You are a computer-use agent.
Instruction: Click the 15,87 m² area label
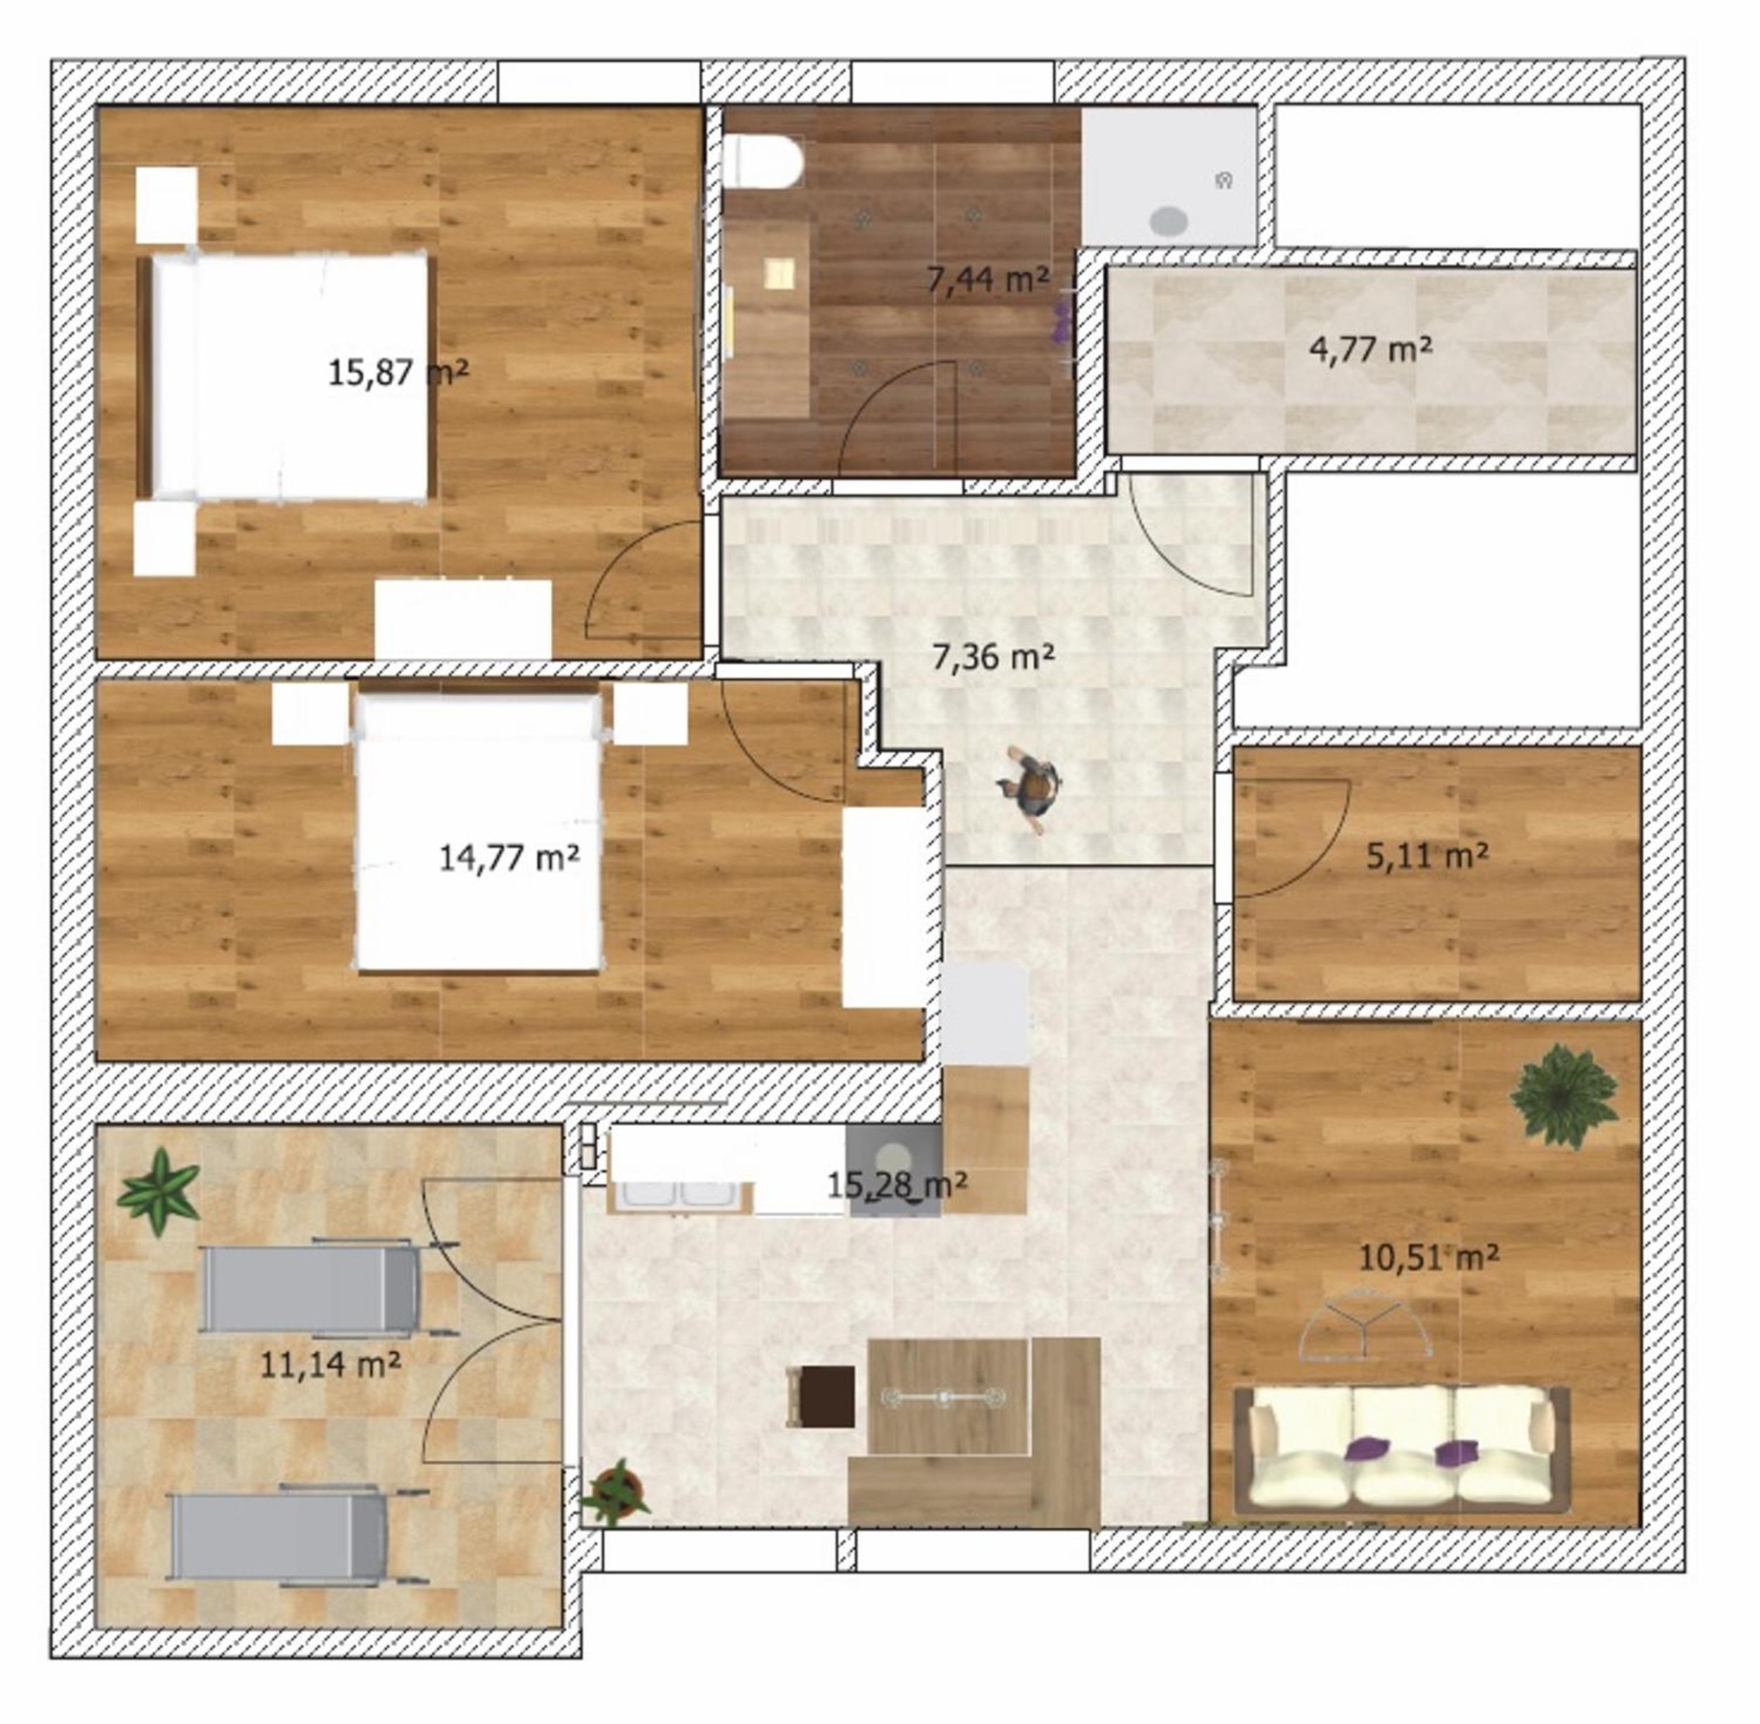tap(398, 371)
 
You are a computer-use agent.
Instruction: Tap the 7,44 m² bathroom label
tap(988, 280)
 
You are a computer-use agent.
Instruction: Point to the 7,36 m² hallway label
tap(993, 656)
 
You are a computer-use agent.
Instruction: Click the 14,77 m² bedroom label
tap(510, 856)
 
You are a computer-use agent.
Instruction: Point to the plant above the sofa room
tap(1564, 1094)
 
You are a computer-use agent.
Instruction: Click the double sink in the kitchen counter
tap(681, 1195)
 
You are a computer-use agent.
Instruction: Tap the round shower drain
tap(1169, 220)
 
